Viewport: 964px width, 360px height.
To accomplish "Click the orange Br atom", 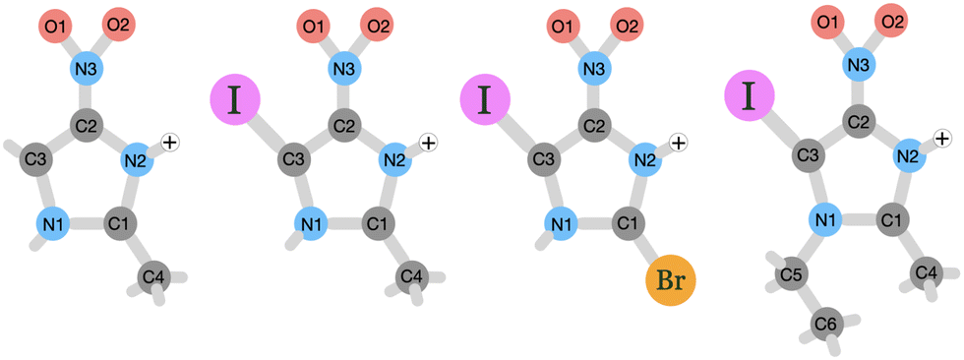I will click(x=670, y=282).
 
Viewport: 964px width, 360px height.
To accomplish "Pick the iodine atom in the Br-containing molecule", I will click(x=485, y=100).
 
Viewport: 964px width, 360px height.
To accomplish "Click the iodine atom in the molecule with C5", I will click(x=749, y=96).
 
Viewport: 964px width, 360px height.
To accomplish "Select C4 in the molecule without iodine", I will click(x=153, y=278).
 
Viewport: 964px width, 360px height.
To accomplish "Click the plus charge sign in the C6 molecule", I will click(x=941, y=139).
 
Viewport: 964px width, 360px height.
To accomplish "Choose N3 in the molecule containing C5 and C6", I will click(x=858, y=65).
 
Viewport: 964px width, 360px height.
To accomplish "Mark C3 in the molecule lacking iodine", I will click(x=37, y=158).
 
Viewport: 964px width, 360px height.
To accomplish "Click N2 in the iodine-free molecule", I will click(x=138, y=158).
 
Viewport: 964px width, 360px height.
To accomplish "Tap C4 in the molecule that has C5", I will click(x=926, y=272).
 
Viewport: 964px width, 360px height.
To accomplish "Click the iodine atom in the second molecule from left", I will click(x=235, y=100).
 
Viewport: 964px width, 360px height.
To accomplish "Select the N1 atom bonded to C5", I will click(x=823, y=217).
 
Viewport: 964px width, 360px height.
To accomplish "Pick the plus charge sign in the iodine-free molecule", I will click(x=169, y=144).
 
